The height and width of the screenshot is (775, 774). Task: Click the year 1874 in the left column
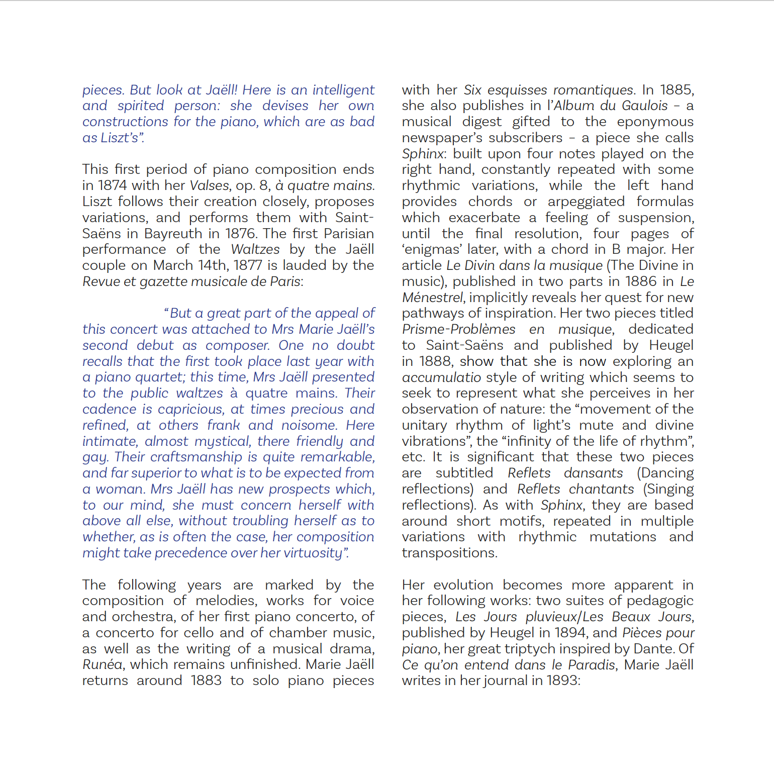coord(113,185)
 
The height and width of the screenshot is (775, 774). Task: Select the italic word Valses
coord(209,185)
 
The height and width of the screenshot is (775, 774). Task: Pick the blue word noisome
coord(309,425)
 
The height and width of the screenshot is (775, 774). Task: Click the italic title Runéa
coord(102,664)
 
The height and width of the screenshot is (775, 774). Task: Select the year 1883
coord(206,681)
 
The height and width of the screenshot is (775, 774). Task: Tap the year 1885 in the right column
coord(675,90)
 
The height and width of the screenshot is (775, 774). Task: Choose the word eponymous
coord(655,122)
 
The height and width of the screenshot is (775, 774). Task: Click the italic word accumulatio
coord(441,377)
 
